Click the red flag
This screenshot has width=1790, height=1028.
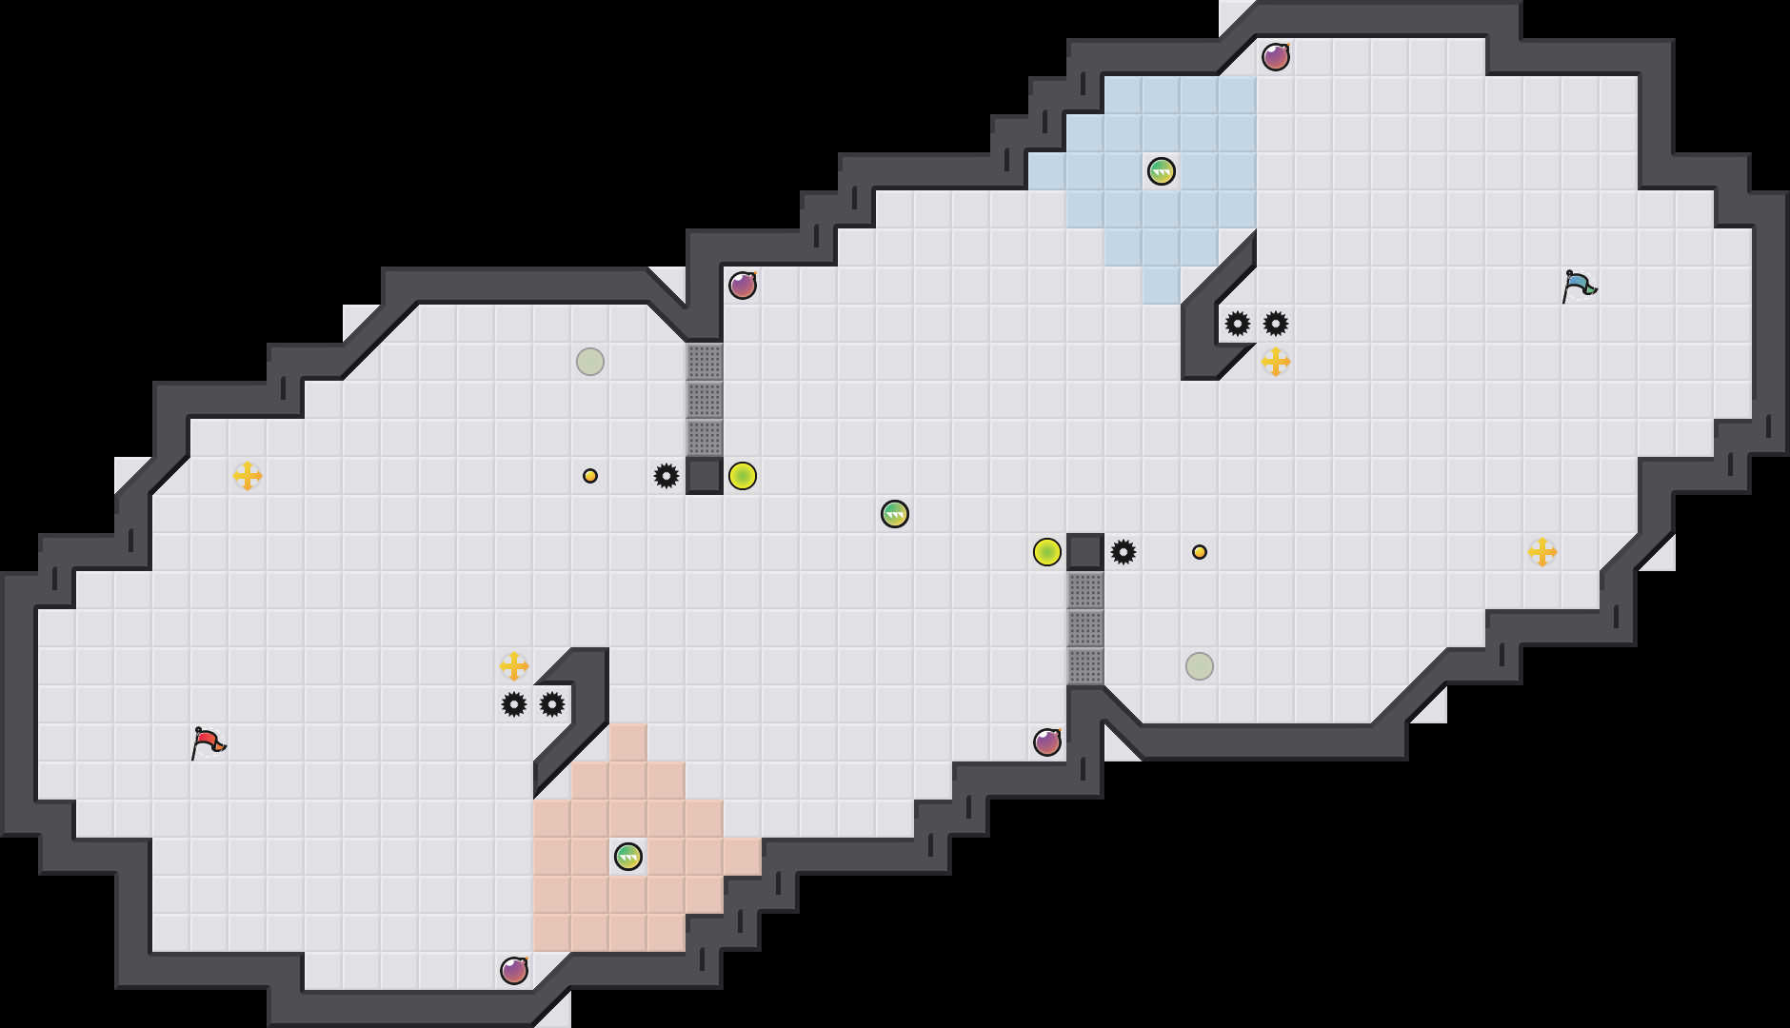coord(208,742)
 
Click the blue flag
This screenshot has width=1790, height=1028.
coord(1579,286)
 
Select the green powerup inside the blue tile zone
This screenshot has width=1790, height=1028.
coord(1162,171)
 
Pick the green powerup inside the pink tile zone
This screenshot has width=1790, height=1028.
coord(628,857)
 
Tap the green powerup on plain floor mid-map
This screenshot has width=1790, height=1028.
coord(895,514)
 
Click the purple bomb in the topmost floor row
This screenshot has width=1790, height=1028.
coord(1276,57)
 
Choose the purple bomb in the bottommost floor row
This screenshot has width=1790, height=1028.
coord(514,971)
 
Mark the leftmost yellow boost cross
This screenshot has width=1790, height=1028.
coord(248,476)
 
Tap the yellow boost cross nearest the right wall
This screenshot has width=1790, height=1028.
coord(1542,552)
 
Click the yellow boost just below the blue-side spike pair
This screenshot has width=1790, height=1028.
coord(1276,362)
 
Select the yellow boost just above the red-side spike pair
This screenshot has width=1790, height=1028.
coord(514,666)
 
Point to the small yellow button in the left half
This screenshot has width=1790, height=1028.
coord(590,476)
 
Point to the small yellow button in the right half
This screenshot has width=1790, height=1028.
coord(1200,552)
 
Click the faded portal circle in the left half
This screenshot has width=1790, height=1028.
coord(590,362)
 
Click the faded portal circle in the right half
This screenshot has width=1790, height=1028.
coord(1200,666)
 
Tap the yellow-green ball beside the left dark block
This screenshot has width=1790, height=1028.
coord(743,476)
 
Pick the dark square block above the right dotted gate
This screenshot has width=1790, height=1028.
coord(1085,552)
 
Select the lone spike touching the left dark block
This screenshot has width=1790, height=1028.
coord(666,476)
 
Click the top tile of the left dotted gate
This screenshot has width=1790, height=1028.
coord(705,362)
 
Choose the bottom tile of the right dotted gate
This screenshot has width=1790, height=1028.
coord(1085,666)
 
